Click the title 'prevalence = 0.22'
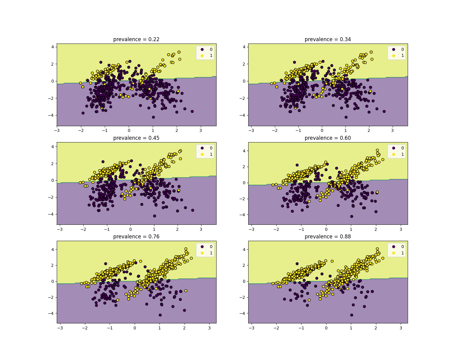(x=136, y=39)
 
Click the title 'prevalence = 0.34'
(x=328, y=39)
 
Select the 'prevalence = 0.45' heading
(x=136, y=138)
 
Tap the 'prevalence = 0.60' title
(x=328, y=138)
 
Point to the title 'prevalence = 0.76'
(x=136, y=237)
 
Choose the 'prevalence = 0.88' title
(x=328, y=237)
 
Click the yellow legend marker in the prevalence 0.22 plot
(x=202, y=56)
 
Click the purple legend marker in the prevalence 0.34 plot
(x=394, y=49)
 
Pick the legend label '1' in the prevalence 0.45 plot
(x=211, y=154)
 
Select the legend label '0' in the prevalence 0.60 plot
(x=402, y=148)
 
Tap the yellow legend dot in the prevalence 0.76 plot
(x=202, y=253)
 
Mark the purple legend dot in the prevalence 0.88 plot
(x=394, y=247)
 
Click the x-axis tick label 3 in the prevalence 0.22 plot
(x=201, y=130)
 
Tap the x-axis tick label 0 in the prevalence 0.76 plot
(x=135, y=328)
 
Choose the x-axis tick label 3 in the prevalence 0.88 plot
(x=401, y=328)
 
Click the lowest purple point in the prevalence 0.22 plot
(x=153, y=117)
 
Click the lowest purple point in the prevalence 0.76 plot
(x=160, y=315)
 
